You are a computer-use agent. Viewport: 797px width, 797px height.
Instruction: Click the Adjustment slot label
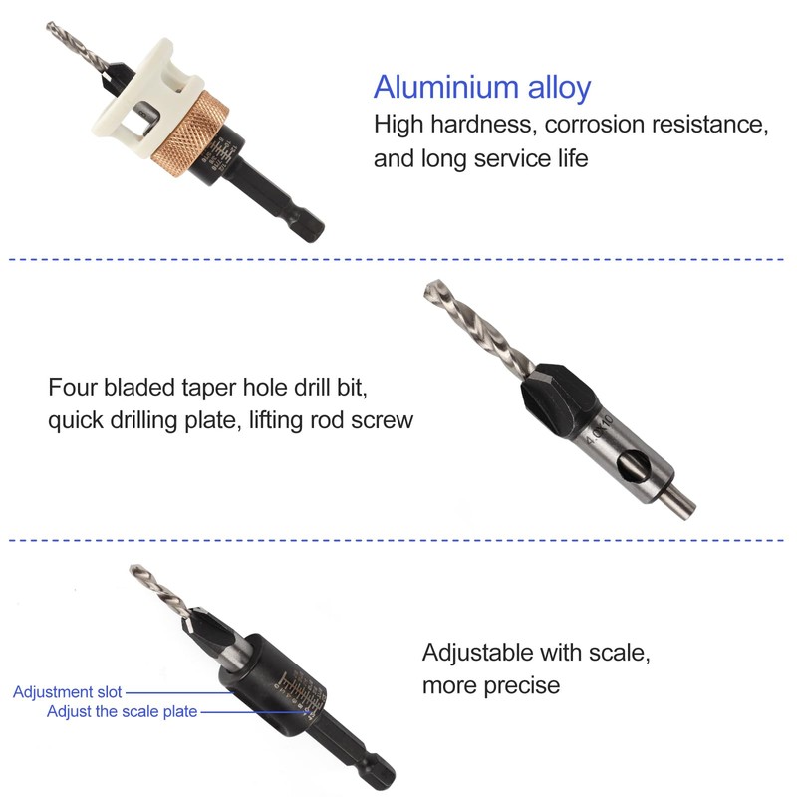68,691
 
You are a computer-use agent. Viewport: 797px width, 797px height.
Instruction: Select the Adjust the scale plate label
122,711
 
